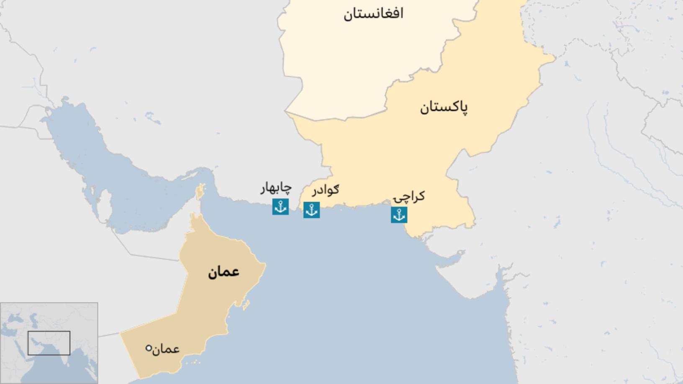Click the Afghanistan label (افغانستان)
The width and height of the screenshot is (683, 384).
tap(373, 14)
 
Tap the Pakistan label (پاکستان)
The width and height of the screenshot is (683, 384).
tap(444, 108)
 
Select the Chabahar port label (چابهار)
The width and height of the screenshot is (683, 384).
tap(276, 188)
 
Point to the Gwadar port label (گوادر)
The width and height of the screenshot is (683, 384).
tap(325, 190)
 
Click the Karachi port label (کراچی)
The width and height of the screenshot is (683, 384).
tap(409, 197)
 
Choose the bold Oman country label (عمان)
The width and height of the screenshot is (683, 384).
tap(223, 272)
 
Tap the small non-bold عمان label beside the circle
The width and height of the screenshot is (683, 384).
tap(166, 349)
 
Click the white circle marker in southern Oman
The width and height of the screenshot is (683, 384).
tap(149, 348)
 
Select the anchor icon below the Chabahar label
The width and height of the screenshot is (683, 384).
tap(280, 207)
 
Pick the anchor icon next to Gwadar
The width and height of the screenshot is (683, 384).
tap(311, 210)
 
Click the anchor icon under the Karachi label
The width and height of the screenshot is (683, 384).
tap(399, 215)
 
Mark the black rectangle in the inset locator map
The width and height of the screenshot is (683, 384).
tap(49, 343)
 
